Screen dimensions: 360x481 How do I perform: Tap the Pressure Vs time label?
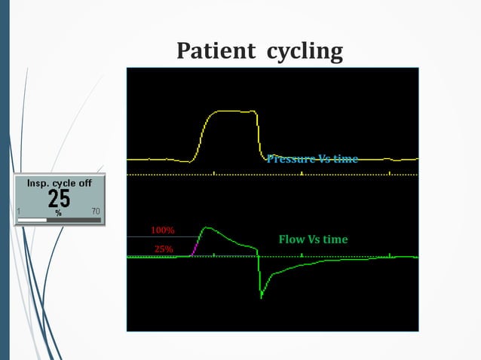(x=311, y=158)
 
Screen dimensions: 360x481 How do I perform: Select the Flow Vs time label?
(x=313, y=239)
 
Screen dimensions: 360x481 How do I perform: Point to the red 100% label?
(x=163, y=229)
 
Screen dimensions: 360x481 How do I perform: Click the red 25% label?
(x=164, y=248)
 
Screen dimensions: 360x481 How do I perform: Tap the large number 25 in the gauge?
(x=59, y=199)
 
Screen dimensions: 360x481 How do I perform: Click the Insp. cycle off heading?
(x=59, y=183)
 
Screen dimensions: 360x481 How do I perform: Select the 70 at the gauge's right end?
(x=95, y=211)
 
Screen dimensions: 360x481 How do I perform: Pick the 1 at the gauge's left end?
(x=19, y=211)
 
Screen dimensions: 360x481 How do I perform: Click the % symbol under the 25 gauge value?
(x=57, y=212)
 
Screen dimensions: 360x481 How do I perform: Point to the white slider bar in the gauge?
(x=33, y=220)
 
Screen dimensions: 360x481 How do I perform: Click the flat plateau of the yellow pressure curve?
(x=234, y=111)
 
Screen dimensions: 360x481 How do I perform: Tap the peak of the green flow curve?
(x=206, y=227)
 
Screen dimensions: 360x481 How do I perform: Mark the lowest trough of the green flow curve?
(x=261, y=296)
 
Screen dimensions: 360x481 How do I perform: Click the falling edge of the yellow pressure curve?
(x=259, y=136)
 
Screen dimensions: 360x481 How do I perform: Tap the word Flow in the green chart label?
(x=291, y=239)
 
